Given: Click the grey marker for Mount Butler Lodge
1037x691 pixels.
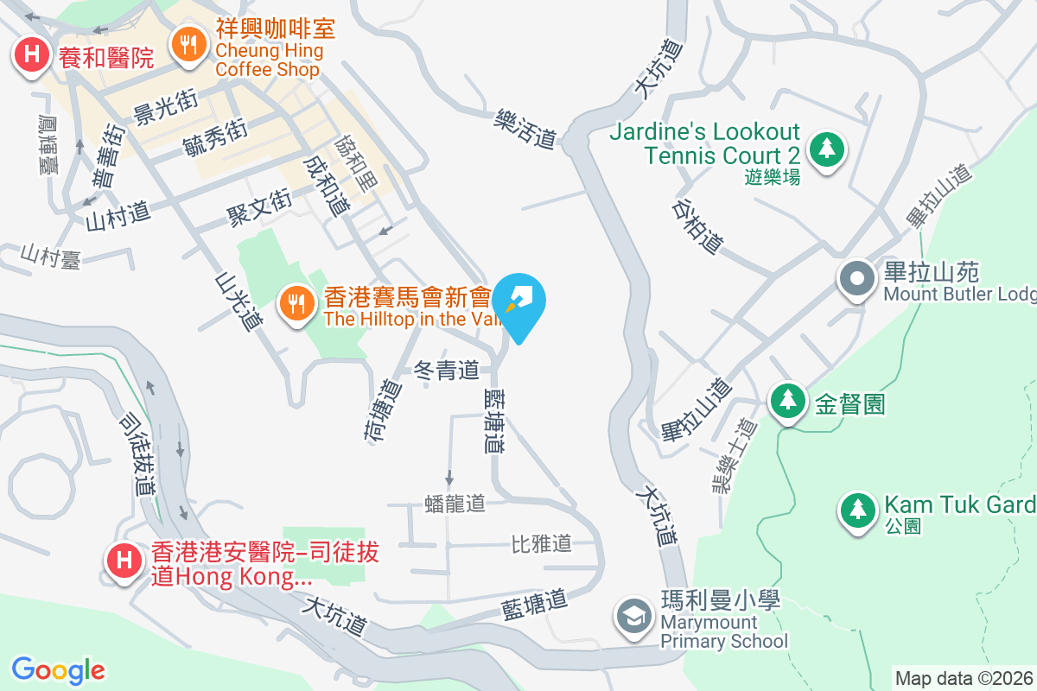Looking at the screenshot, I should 857,280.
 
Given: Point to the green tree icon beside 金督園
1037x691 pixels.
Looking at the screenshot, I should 787,401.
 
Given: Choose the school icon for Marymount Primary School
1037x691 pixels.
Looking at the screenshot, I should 634,616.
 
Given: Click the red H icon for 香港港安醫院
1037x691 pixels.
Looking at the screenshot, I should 124,560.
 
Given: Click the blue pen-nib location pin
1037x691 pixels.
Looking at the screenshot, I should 519,301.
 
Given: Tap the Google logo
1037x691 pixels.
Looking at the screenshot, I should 58,669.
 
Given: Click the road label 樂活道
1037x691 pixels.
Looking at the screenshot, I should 525,129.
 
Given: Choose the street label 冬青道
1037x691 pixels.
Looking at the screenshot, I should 447,371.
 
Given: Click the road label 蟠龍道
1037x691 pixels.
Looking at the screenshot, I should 455,504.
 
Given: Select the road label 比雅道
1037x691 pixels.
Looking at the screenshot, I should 542,543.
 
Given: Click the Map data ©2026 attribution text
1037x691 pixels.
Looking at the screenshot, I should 964,678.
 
